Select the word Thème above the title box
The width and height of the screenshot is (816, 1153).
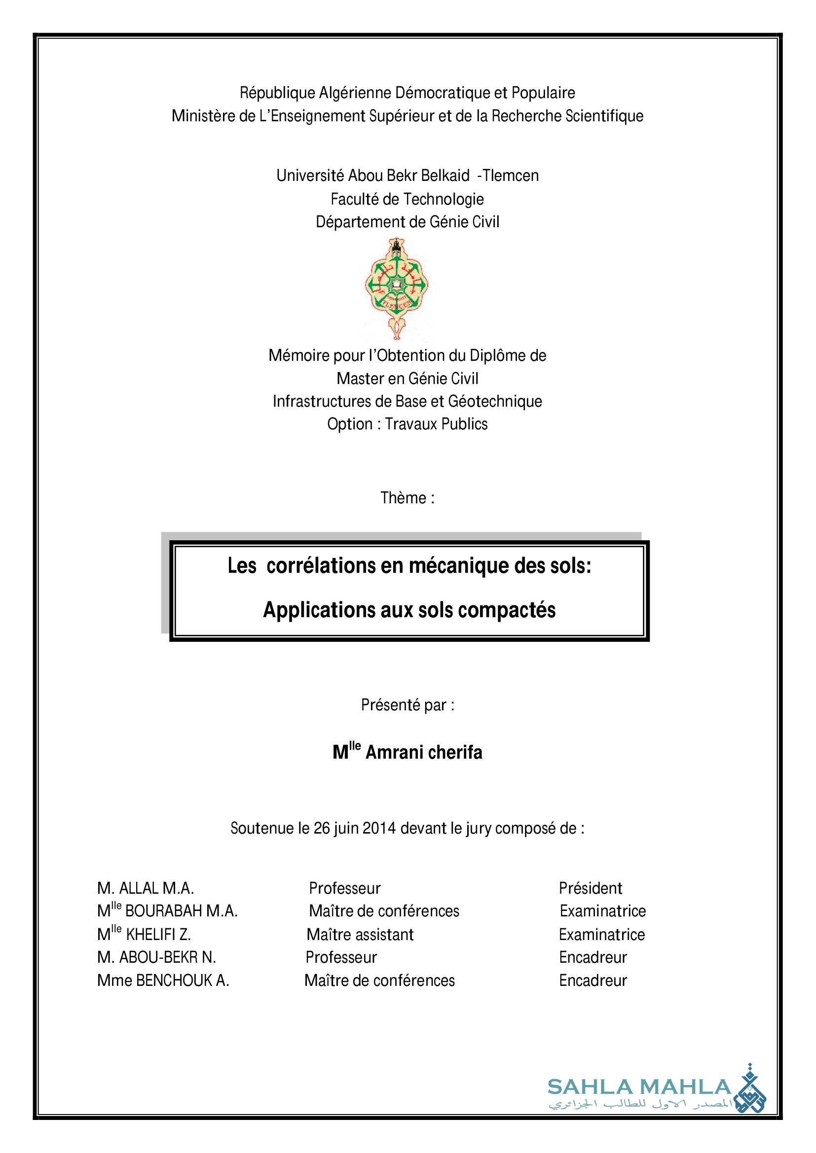(x=403, y=498)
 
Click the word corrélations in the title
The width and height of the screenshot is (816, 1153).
(x=321, y=566)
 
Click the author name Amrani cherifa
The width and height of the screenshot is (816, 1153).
(x=424, y=752)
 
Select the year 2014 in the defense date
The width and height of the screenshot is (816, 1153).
(x=379, y=828)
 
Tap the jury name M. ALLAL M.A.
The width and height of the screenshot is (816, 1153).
(x=146, y=888)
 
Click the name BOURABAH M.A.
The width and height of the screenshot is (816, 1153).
(x=182, y=911)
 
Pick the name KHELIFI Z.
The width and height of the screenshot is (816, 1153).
(x=158, y=935)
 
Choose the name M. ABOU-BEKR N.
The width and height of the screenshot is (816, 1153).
(x=157, y=957)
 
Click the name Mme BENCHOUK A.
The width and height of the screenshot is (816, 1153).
(x=163, y=980)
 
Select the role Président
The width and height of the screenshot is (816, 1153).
(x=591, y=888)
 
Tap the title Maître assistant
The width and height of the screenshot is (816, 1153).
(x=360, y=935)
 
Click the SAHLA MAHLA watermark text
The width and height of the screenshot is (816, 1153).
(x=639, y=1087)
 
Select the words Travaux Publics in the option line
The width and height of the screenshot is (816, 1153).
(x=436, y=424)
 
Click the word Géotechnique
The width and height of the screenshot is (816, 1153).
(x=495, y=402)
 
